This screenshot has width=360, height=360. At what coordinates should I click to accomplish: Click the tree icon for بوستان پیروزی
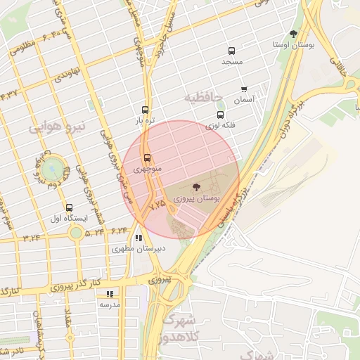tap(195, 187)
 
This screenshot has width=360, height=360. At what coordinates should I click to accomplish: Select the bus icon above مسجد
tap(231, 51)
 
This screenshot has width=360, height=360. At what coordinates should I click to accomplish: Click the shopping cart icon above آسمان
tap(244, 89)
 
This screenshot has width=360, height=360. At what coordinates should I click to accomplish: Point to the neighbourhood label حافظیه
tap(202, 95)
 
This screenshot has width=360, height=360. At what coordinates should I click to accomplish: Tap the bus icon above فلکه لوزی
tap(220, 115)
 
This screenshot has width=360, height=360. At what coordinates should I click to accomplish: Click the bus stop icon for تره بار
tap(145, 110)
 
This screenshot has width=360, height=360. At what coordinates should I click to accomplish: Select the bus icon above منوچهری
tap(147, 158)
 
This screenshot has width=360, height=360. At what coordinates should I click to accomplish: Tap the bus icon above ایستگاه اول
tap(69, 207)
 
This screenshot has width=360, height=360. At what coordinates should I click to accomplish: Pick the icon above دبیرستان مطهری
tap(139, 238)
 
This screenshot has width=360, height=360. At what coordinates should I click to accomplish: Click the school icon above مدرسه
tap(110, 294)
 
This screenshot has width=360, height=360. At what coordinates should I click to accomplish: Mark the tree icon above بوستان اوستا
tap(293, 34)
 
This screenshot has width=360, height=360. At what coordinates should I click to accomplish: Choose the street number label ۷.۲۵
tap(158, 203)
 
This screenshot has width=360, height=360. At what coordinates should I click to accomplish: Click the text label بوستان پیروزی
tap(209, 200)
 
